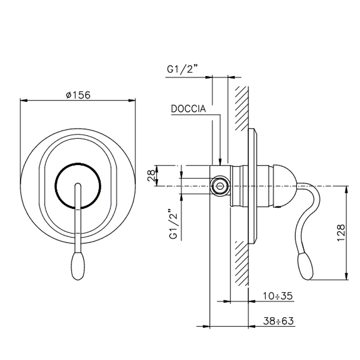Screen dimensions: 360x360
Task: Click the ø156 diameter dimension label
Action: [x=78, y=95]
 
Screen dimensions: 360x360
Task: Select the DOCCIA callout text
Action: [x=189, y=109]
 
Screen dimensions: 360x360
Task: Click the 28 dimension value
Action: [x=151, y=175]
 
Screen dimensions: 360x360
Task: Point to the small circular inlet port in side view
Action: [x=221, y=185]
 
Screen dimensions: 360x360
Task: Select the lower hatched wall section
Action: [x=242, y=262]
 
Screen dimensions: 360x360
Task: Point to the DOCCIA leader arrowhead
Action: [x=220, y=161]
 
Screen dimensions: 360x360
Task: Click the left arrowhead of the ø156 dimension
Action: [x=22, y=101]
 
